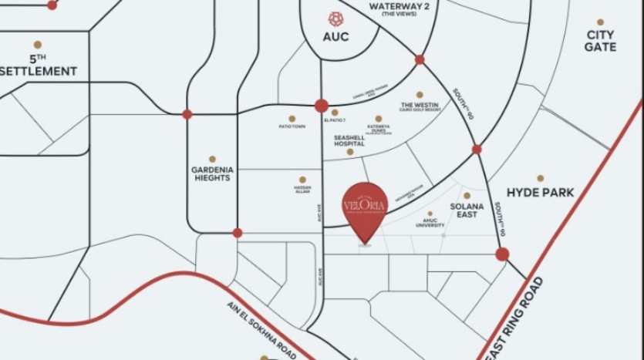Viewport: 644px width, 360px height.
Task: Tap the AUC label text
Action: (335, 37)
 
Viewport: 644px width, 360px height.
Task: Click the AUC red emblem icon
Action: (335, 18)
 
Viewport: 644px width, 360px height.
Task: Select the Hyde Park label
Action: (540, 193)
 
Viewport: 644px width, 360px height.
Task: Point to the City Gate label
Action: (600, 41)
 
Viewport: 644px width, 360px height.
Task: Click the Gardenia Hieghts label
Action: (211, 173)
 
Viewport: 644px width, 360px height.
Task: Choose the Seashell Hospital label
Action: (349, 140)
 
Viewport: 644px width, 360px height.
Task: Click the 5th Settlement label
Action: (39, 65)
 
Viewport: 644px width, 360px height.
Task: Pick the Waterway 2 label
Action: (398, 8)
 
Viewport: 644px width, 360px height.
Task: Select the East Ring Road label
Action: (516, 317)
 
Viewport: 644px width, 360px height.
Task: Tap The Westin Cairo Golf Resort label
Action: (420, 107)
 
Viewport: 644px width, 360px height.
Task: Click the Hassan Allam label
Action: (302, 189)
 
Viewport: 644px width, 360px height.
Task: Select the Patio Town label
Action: (292, 126)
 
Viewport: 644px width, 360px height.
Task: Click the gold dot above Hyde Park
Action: (540, 178)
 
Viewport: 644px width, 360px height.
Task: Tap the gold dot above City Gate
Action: (600, 22)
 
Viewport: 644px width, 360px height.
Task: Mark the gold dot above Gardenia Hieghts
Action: (211, 159)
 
